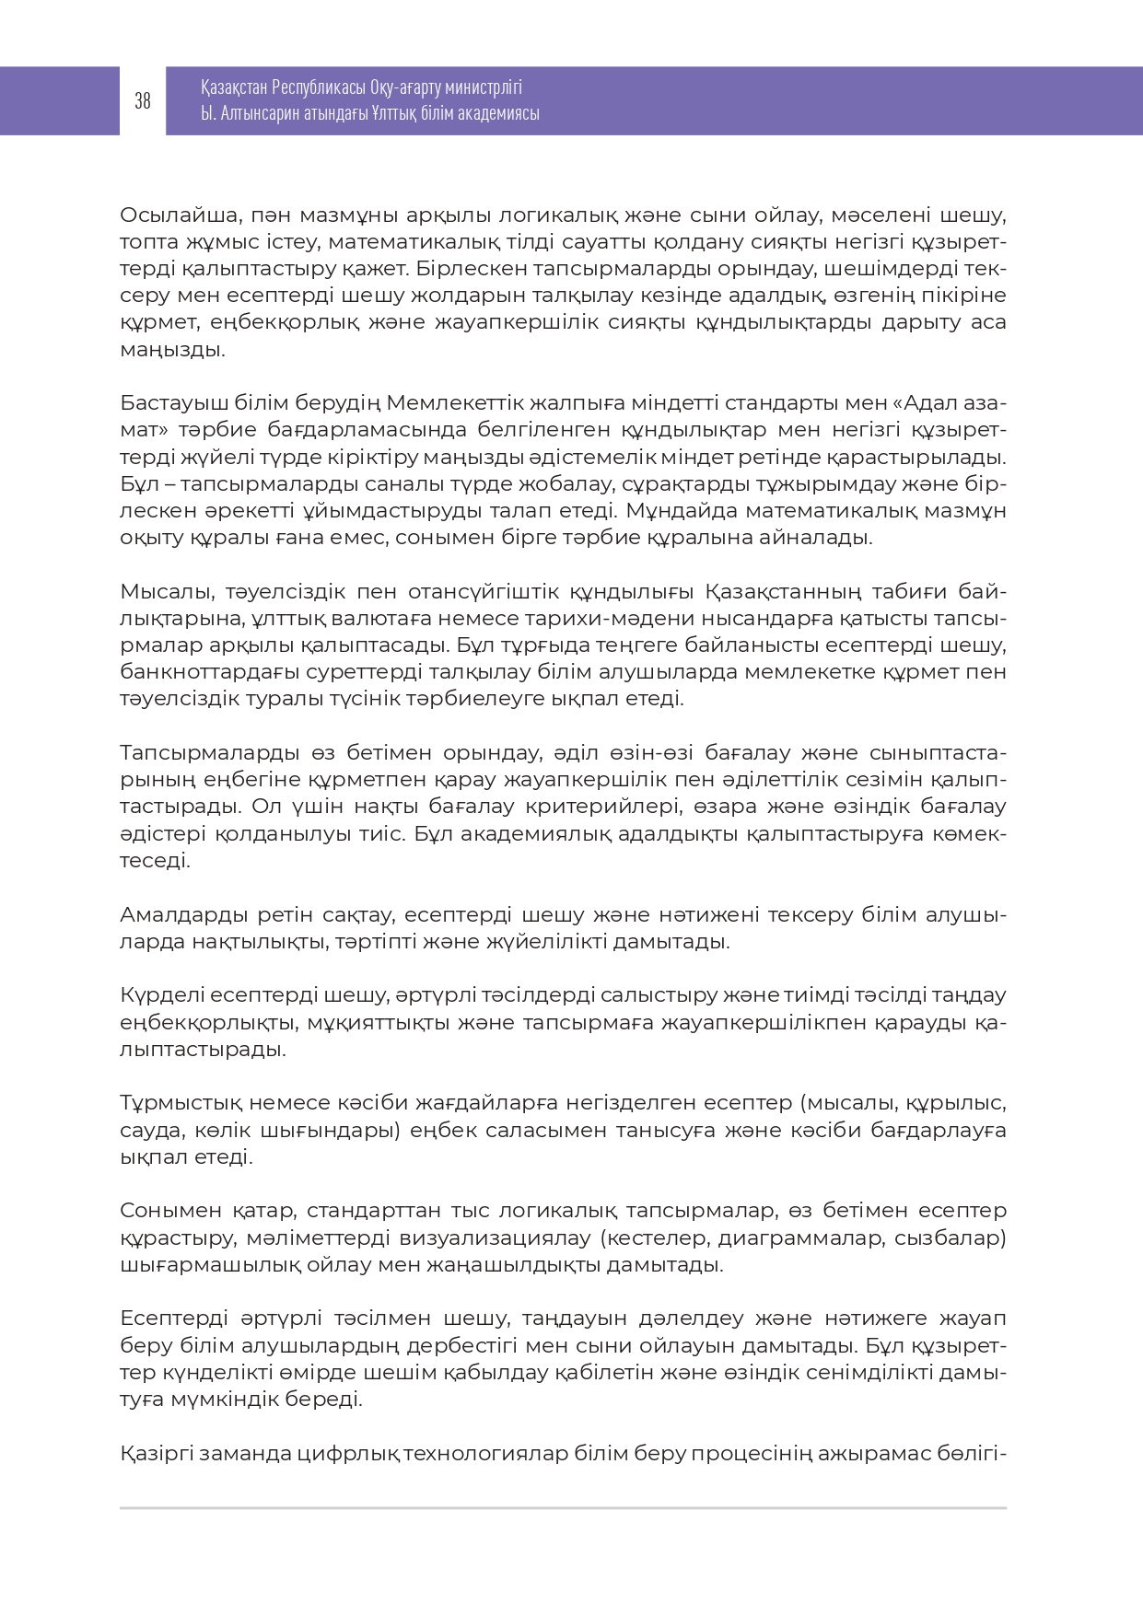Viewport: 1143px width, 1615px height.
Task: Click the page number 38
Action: click(x=143, y=101)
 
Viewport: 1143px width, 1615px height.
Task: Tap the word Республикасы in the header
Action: click(x=319, y=88)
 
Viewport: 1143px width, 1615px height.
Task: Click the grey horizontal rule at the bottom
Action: click(x=563, y=1508)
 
